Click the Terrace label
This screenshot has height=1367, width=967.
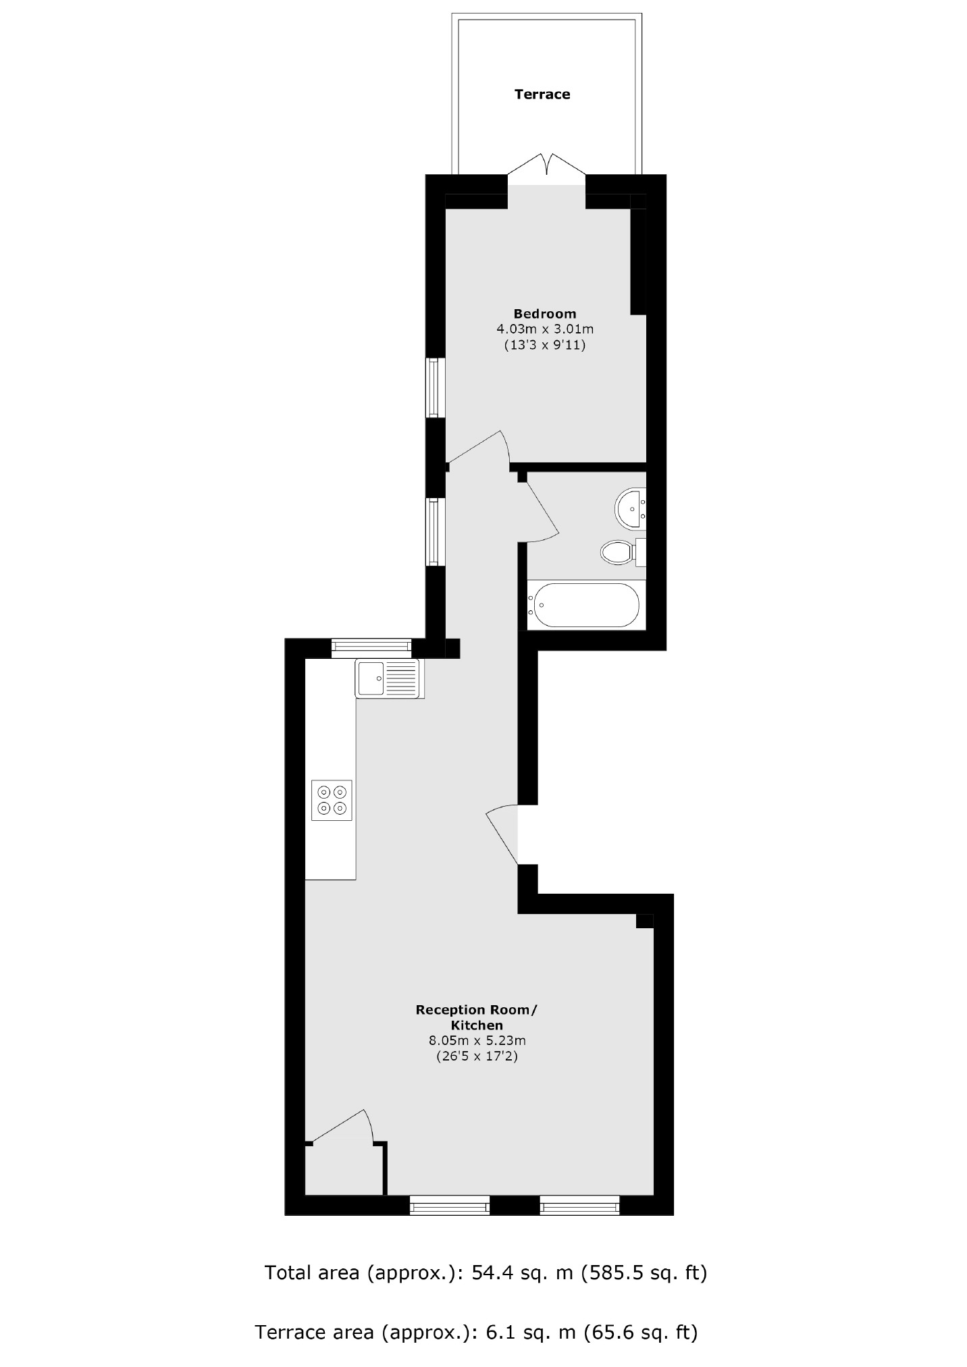click(542, 95)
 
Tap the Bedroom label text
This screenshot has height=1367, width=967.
click(544, 313)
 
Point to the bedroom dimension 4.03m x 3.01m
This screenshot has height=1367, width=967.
click(544, 329)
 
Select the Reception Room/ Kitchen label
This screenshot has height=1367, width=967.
click(477, 1017)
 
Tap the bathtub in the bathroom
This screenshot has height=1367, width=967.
click(585, 605)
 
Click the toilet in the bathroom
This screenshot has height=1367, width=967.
click(618, 552)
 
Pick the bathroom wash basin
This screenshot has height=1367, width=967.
click(631, 508)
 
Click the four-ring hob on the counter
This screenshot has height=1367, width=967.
click(332, 800)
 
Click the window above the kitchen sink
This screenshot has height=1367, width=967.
click(371, 648)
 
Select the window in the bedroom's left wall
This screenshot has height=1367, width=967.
click(435, 387)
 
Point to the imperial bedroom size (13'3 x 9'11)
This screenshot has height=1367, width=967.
click(544, 346)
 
